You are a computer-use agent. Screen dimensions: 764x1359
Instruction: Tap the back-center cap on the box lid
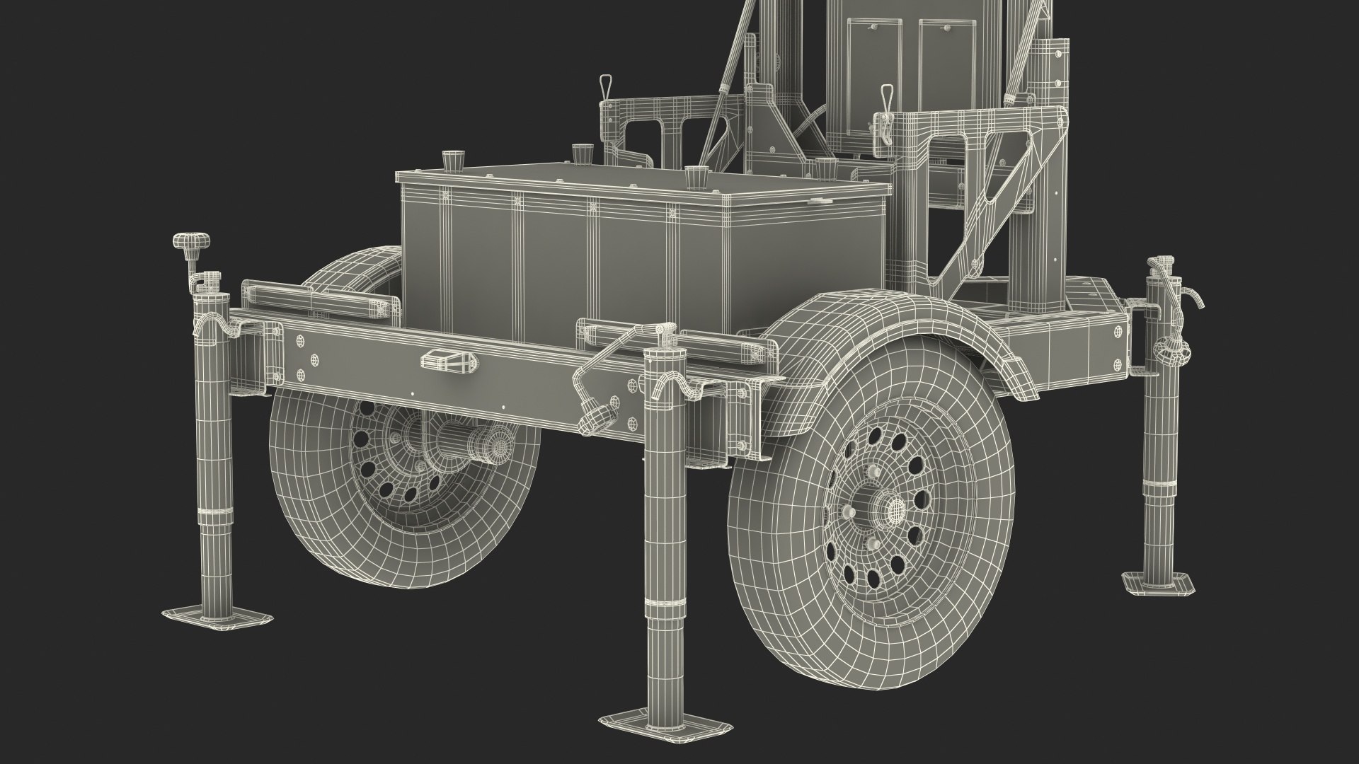[x=582, y=151]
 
